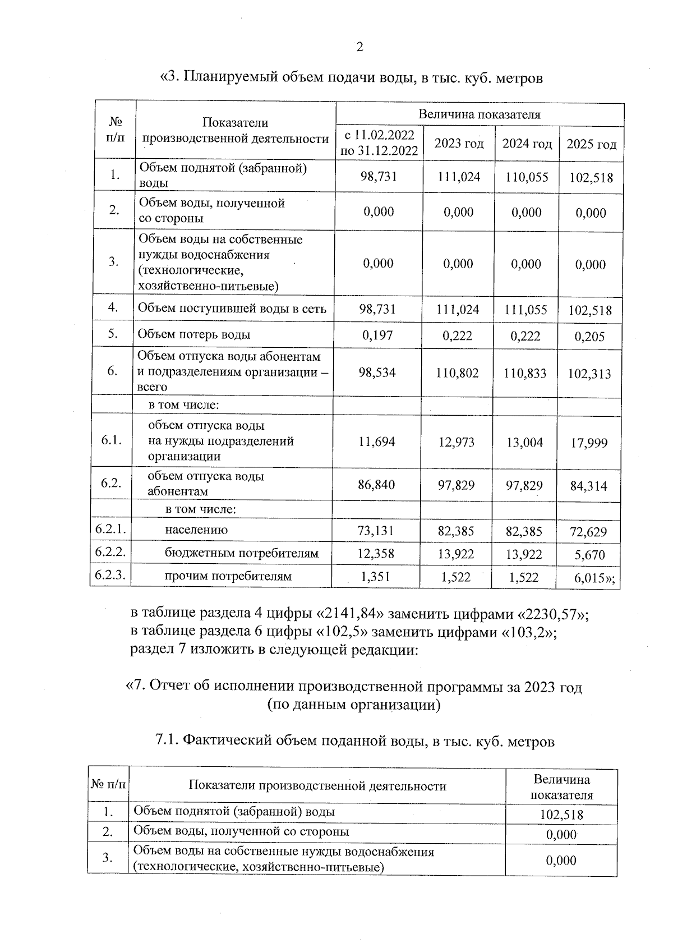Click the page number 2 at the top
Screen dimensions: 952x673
[x=359, y=47]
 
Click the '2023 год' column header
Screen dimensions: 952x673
[x=459, y=144]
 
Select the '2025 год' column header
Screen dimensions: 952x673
[x=591, y=145]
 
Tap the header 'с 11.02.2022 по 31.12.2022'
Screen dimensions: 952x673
[x=379, y=142]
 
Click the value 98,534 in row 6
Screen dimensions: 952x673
[x=377, y=372]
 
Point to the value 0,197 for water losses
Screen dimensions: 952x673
[x=377, y=335]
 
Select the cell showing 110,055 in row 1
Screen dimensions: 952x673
[x=526, y=177]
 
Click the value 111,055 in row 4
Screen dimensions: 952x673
[x=526, y=310]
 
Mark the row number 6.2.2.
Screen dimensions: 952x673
[x=110, y=552]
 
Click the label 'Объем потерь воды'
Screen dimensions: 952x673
[x=194, y=335]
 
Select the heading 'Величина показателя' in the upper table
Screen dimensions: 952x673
[x=480, y=115]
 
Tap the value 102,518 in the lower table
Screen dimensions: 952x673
[x=561, y=815]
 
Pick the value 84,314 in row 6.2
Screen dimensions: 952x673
[x=589, y=486]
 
